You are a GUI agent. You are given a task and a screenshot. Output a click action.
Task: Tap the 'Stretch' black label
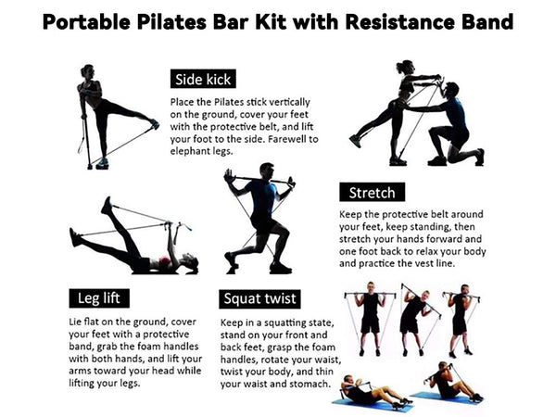tap(372, 193)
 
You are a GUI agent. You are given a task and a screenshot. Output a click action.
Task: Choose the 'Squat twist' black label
tap(260, 298)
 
